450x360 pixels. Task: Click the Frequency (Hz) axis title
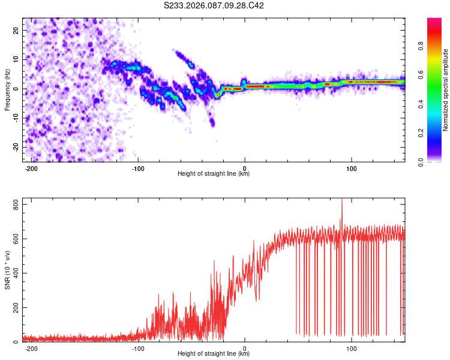pyautogui.click(x=7, y=89)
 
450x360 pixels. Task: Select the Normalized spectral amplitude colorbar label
pyautogui.click(x=446, y=89)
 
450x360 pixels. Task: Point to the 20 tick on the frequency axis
pyautogui.click(x=16, y=30)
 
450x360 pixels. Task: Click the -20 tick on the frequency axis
pyautogui.click(x=14, y=148)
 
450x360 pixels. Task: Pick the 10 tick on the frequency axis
pyautogui.click(x=16, y=59)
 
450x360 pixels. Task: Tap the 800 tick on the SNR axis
pyautogui.click(x=14, y=206)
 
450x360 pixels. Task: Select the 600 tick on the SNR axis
pyautogui.click(x=14, y=240)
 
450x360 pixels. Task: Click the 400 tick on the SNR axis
pyautogui.click(x=14, y=274)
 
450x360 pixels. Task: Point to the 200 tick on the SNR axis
pyautogui.click(x=14, y=308)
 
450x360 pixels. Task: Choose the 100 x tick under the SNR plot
pyautogui.click(x=351, y=348)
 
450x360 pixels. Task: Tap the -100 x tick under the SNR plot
pyautogui.click(x=138, y=348)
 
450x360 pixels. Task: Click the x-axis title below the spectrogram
pyautogui.click(x=214, y=174)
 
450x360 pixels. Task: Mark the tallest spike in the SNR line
pyautogui.click(x=342, y=200)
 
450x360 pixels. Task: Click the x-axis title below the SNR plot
pyautogui.click(x=214, y=354)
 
